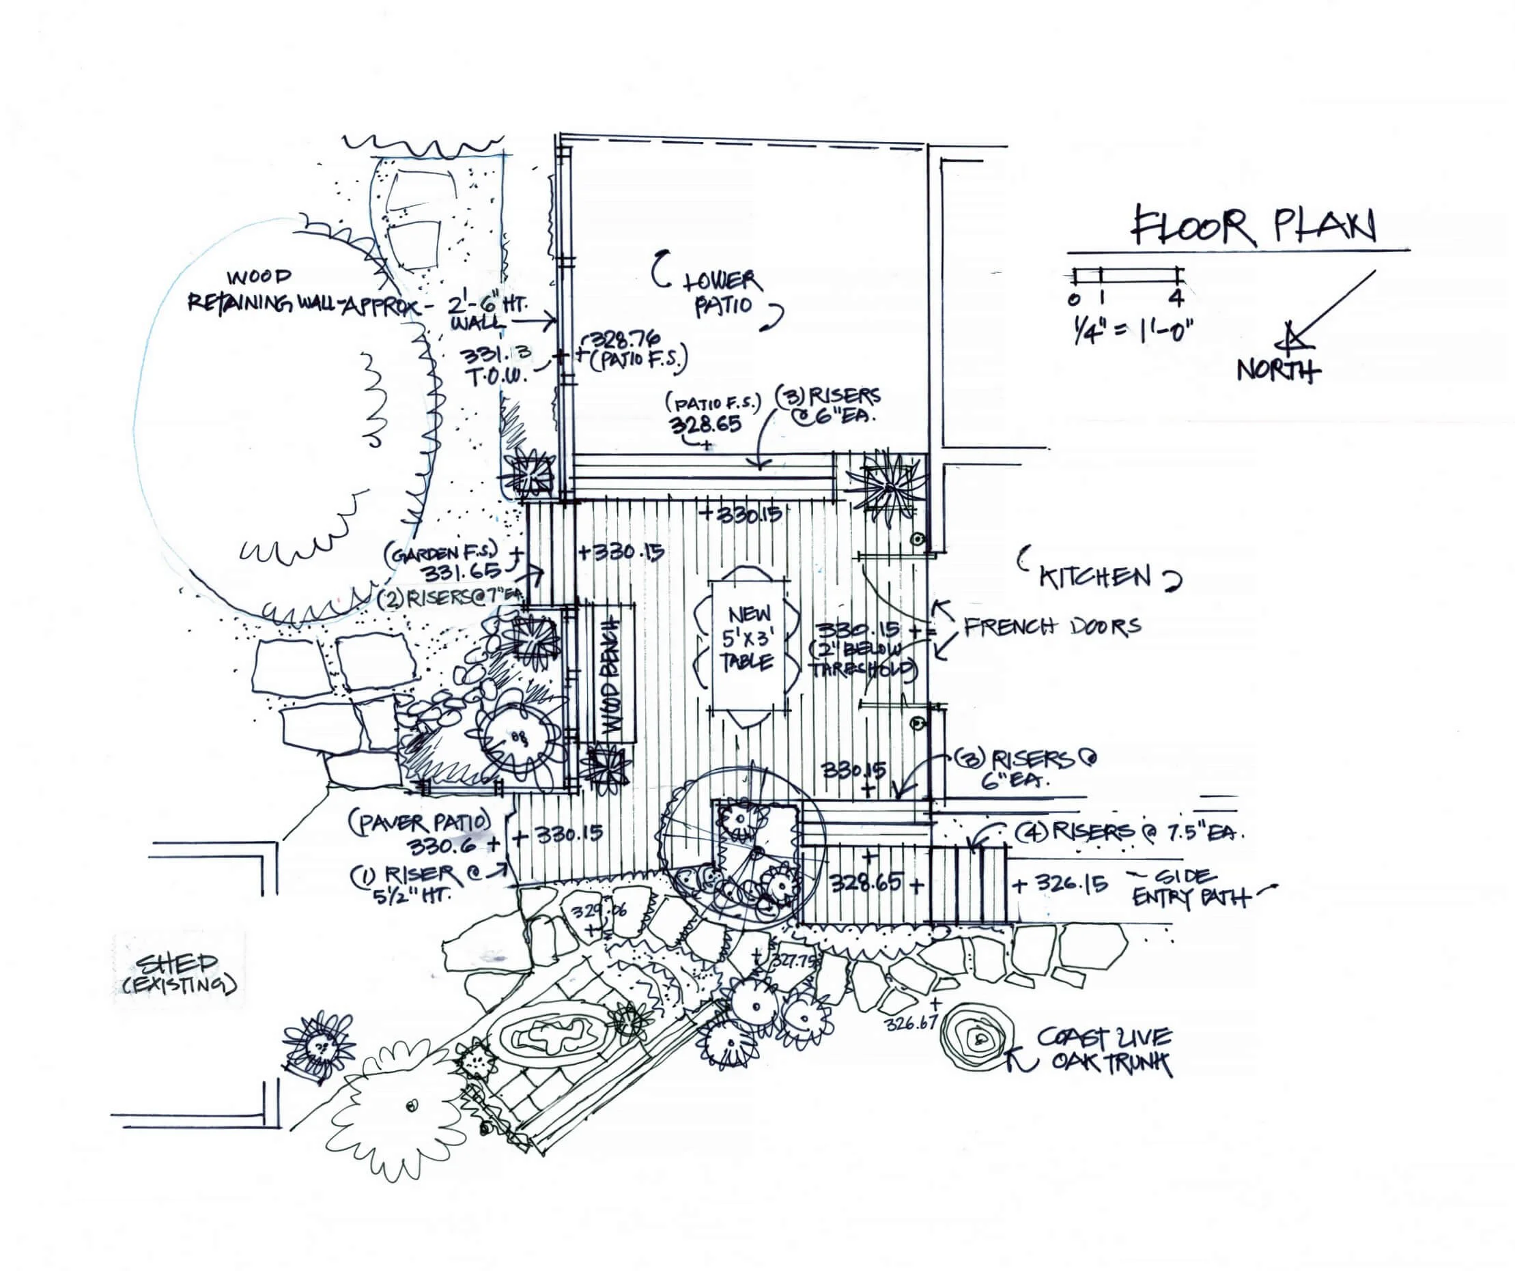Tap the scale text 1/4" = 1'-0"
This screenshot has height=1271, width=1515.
(x=1130, y=331)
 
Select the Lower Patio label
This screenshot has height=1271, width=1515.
(x=722, y=292)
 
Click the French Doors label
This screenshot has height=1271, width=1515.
(x=1053, y=626)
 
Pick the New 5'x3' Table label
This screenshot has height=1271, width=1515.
(x=749, y=638)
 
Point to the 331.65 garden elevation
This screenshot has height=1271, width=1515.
(x=462, y=572)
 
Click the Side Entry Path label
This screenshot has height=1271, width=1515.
(x=1191, y=887)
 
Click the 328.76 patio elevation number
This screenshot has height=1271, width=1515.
(x=621, y=339)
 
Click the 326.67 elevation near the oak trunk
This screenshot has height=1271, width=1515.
(x=911, y=1022)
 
